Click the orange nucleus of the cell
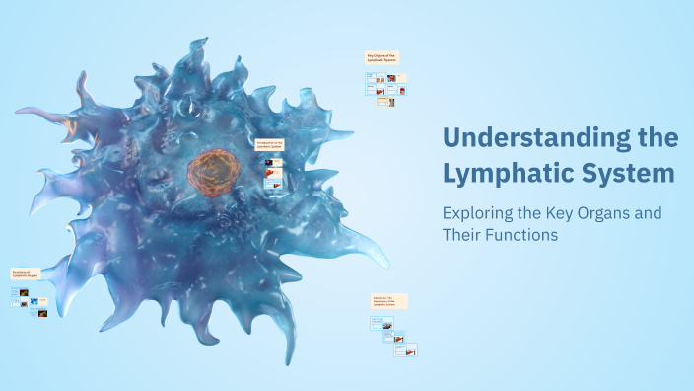[209, 171]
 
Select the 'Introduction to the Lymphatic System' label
[271, 145]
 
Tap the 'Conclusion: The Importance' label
[388, 301]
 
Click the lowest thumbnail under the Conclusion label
[405, 350]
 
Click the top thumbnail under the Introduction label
[273, 161]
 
